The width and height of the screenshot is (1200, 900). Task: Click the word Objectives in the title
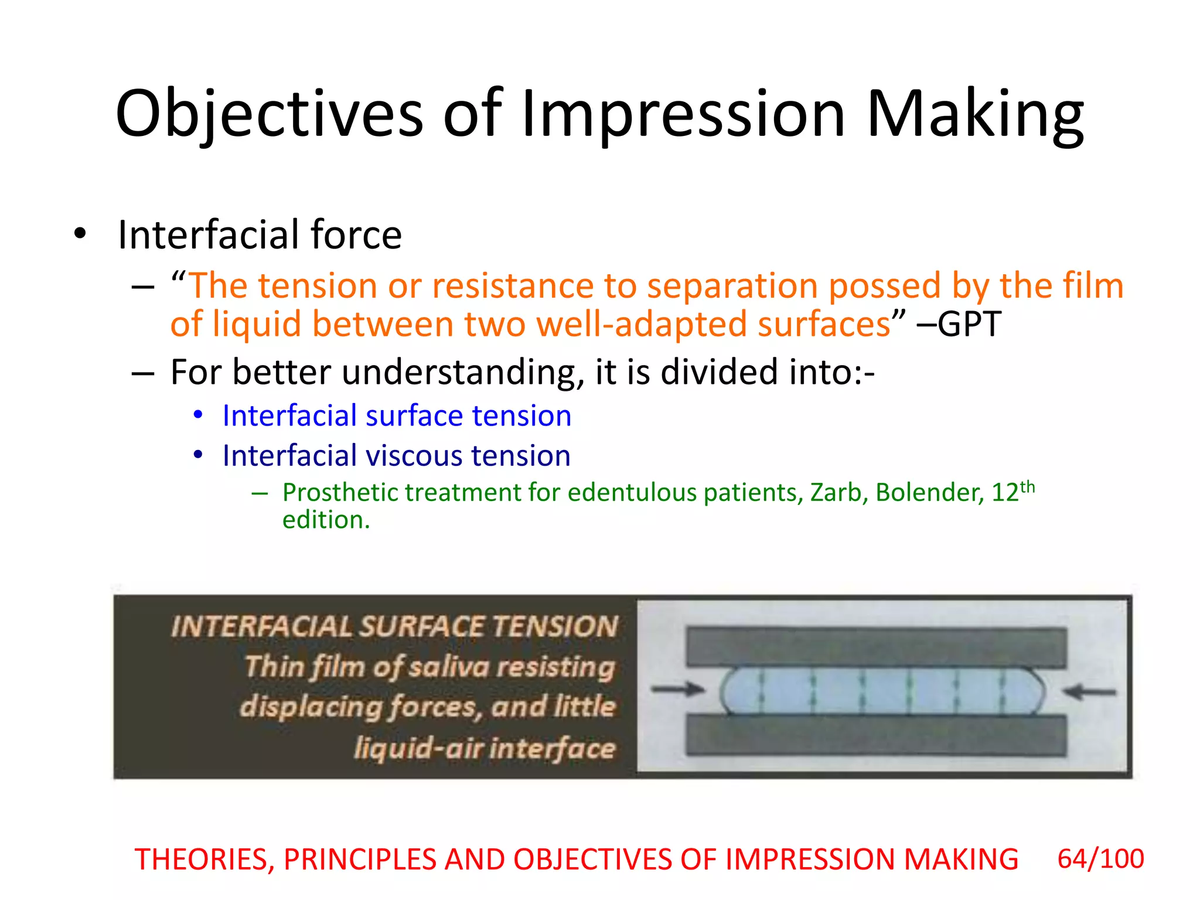pyautogui.click(x=269, y=114)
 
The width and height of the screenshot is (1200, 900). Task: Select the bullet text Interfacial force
pyautogui.click(x=260, y=235)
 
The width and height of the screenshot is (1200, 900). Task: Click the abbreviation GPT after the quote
pyautogui.click(x=969, y=324)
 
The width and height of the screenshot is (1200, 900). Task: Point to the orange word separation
pyautogui.click(x=732, y=287)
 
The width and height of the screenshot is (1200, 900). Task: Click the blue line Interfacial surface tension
pyautogui.click(x=397, y=416)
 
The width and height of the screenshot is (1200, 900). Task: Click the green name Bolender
pyautogui.click(x=929, y=493)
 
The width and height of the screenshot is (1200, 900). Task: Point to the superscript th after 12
pyautogui.click(x=1028, y=487)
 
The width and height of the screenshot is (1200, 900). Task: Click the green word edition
pyautogui.click(x=325, y=520)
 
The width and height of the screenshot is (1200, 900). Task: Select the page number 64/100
pyautogui.click(x=1100, y=859)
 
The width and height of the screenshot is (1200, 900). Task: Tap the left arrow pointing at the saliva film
pyautogui.click(x=677, y=689)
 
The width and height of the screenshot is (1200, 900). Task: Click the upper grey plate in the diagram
pyautogui.click(x=876, y=647)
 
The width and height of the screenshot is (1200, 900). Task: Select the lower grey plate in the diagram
pyautogui.click(x=876, y=736)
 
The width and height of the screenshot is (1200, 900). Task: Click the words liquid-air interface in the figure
pyautogui.click(x=485, y=749)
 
